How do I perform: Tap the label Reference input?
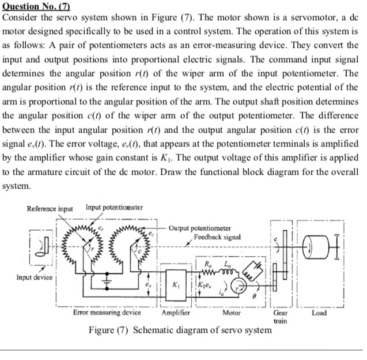point(50,209)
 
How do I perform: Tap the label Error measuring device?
point(107,313)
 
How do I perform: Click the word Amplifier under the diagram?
point(176,313)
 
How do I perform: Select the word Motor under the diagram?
point(232,313)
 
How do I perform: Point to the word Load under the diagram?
point(319,313)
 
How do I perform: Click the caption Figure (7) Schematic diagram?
point(179,331)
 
